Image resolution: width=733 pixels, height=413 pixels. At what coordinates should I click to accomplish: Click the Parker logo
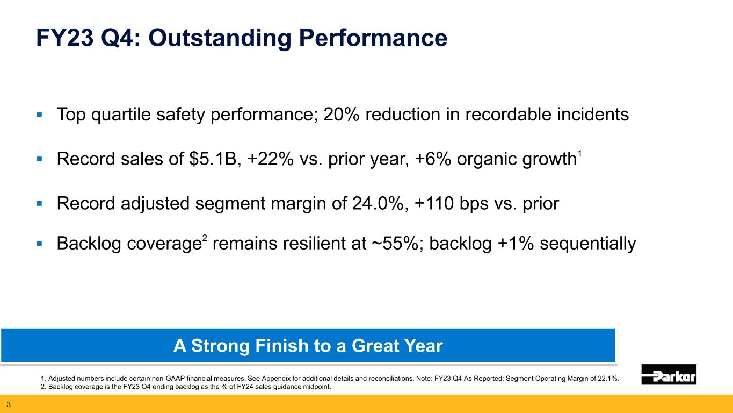coord(669,374)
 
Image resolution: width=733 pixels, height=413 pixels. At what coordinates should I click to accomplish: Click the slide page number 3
coord(9,404)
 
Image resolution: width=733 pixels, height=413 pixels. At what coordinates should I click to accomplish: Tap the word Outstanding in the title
coord(220,38)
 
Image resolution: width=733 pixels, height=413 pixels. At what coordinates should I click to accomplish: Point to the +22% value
coord(271,159)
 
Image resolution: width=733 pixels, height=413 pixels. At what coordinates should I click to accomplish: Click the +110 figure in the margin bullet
coord(434,204)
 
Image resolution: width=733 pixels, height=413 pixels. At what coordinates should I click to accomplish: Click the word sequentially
coord(587,244)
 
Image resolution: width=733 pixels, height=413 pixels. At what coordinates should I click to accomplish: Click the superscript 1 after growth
coord(579,154)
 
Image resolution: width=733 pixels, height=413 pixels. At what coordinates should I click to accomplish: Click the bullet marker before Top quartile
coord(40,115)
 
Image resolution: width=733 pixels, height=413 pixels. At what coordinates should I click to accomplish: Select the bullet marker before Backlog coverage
coord(40,244)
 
